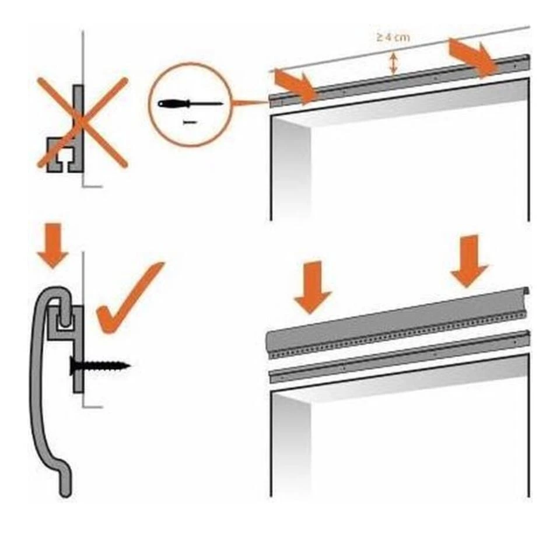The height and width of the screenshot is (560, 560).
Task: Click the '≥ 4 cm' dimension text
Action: point(392,37)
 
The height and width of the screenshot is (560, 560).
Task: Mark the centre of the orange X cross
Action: point(82,123)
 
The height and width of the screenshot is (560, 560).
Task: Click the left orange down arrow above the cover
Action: point(313,286)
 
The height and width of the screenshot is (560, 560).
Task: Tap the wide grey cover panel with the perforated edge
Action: point(397,324)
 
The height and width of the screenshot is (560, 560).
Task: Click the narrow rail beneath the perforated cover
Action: point(402,356)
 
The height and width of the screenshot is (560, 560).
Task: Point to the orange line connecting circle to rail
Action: point(251,103)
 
